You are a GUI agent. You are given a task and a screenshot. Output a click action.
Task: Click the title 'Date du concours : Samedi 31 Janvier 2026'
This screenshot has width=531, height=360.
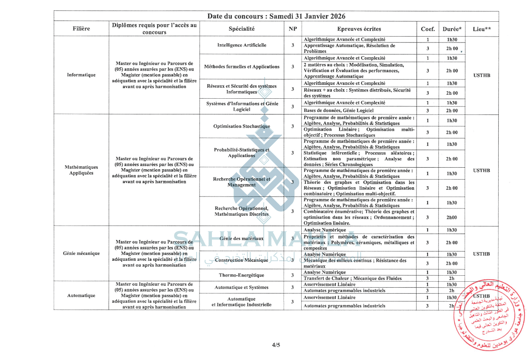pyautogui.click(x=276, y=16)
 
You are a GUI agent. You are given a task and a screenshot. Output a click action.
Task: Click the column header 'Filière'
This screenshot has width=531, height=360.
pyautogui.click(x=81, y=29)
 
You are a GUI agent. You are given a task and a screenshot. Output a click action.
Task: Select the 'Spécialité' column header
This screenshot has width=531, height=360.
pyautogui.click(x=241, y=29)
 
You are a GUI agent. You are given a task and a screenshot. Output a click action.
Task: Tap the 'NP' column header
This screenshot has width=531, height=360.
pyautogui.click(x=293, y=29)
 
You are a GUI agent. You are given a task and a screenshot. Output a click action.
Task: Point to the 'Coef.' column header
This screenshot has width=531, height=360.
pyautogui.click(x=428, y=29)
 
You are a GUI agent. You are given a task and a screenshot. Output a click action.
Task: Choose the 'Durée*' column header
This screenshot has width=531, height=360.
pyautogui.click(x=452, y=29)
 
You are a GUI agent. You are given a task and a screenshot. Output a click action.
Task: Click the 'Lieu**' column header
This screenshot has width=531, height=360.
pyautogui.click(x=482, y=29)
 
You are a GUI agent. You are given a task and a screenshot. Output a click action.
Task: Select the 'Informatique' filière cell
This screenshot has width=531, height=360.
pyautogui.click(x=81, y=75)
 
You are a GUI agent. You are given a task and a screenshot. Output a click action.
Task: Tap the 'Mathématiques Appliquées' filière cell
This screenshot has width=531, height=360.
pyautogui.click(x=81, y=170)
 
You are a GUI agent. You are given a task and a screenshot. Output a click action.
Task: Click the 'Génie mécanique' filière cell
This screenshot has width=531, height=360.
pyautogui.click(x=81, y=253)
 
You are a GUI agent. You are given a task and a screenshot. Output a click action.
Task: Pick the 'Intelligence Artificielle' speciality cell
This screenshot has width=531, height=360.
pyautogui.click(x=241, y=45)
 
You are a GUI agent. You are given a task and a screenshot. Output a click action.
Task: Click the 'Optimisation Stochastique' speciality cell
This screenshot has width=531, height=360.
pyautogui.click(x=241, y=126)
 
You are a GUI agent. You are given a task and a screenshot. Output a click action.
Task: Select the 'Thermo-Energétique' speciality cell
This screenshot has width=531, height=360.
pyautogui.click(x=241, y=275)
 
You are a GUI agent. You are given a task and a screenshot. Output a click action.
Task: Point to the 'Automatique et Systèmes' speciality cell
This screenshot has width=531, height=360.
pyautogui.click(x=241, y=287)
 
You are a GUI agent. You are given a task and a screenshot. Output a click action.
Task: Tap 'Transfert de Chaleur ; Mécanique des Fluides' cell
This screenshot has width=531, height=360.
pyautogui.click(x=353, y=278)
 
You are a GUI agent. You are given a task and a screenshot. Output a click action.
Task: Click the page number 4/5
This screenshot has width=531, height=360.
pyautogui.click(x=276, y=345)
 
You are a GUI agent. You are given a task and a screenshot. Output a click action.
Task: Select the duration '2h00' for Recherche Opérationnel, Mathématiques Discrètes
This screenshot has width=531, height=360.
pyautogui.click(x=452, y=217)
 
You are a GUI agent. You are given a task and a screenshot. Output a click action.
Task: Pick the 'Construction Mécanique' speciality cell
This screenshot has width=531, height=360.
pyautogui.click(x=241, y=260)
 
